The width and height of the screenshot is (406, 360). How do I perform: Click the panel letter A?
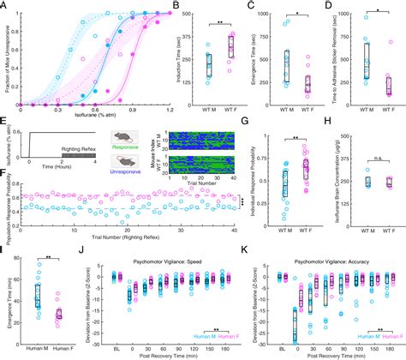point(4,6)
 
